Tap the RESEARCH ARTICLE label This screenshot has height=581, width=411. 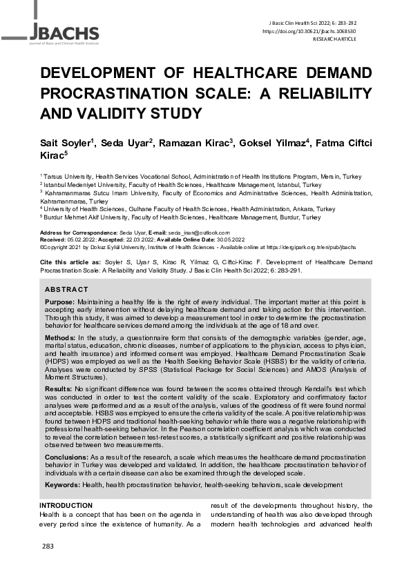[354, 39]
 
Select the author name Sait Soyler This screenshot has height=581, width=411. [68, 144]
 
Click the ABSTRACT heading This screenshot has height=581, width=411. [66, 289]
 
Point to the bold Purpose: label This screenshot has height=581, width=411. [60, 302]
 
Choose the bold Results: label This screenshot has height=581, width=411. [59, 388]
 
